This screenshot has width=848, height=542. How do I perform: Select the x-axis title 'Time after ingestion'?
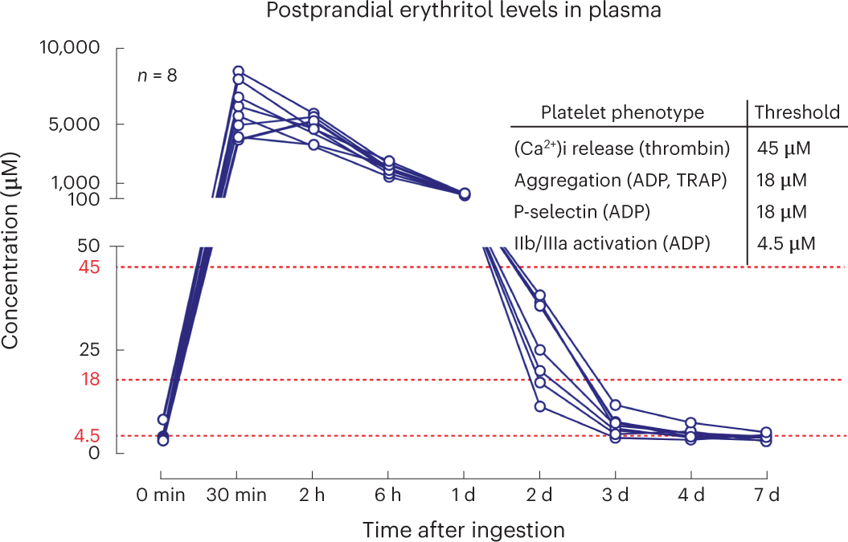(463, 530)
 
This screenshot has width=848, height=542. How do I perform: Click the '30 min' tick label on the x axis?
(238, 495)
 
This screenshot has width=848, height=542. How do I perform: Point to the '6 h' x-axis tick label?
(389, 495)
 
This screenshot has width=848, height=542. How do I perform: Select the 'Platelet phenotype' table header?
(622, 112)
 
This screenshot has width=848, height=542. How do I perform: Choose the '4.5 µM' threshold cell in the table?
(786, 242)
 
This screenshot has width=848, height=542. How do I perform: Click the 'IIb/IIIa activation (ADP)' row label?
(612, 242)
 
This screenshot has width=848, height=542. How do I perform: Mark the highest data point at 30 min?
(238, 71)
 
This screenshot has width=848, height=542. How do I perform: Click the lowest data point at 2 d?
(540, 406)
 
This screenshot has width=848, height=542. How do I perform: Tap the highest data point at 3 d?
(616, 405)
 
